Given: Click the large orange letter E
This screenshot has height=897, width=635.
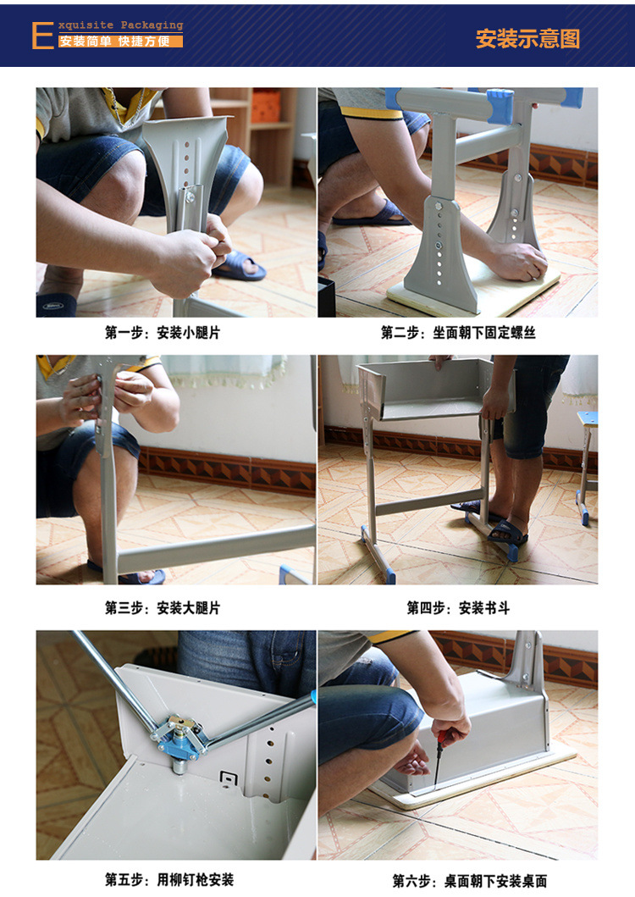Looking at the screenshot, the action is (x=43, y=36).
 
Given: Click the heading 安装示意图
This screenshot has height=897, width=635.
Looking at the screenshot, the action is (x=527, y=39).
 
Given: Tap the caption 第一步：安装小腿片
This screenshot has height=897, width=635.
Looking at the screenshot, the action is (x=163, y=332).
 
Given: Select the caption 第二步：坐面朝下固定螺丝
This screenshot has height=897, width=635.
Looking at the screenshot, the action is (x=458, y=332).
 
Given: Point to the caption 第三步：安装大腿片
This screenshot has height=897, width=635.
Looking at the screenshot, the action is (x=163, y=607).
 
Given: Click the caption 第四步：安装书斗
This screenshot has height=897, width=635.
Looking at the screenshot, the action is (x=458, y=607).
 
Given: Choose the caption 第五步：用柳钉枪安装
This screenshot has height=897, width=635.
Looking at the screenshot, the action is (x=169, y=879).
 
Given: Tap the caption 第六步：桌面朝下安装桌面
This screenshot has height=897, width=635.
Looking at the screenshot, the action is (x=470, y=880).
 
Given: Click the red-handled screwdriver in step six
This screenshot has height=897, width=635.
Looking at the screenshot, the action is (x=439, y=756).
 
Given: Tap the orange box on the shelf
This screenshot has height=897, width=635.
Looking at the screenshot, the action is (x=266, y=106).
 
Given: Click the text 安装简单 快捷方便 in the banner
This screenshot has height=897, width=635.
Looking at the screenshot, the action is (x=115, y=42).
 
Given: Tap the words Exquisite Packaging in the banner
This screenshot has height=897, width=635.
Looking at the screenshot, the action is (x=121, y=25).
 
